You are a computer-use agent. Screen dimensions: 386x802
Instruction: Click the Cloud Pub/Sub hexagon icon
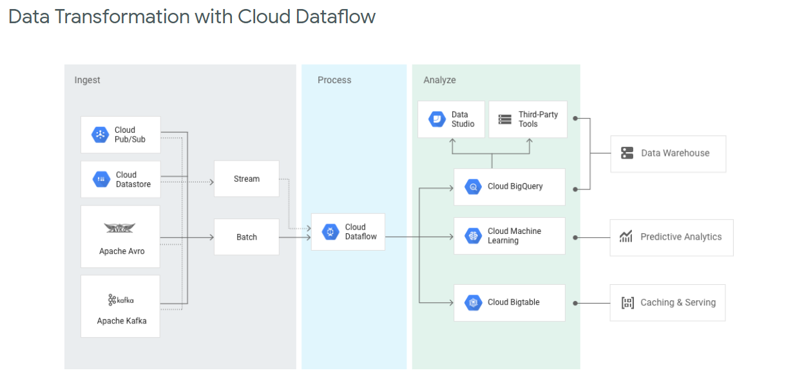(100, 135)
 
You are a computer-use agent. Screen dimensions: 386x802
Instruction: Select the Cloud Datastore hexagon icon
(102, 179)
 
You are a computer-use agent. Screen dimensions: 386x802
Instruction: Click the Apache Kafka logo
(120, 300)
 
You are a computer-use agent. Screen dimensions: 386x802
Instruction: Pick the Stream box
(247, 179)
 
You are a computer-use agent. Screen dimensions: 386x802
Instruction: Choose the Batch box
(247, 237)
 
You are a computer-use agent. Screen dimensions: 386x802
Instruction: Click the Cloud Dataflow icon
(330, 232)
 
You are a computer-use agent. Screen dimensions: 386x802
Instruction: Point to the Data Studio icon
(437, 119)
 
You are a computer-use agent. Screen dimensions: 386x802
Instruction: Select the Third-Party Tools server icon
(505, 119)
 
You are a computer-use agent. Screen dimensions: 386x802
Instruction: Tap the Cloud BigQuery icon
(473, 187)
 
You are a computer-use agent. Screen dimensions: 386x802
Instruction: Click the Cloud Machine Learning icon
(473, 236)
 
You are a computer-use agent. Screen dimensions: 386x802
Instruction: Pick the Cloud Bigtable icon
(473, 302)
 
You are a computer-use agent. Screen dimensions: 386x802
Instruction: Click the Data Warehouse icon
(627, 153)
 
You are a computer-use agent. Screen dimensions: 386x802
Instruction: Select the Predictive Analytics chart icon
(625, 236)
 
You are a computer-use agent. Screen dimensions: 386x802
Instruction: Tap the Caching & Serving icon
(627, 303)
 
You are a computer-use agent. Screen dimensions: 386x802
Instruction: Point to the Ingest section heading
(87, 80)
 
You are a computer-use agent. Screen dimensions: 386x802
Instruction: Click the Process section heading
(334, 80)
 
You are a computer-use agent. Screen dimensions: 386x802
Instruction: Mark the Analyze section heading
(439, 80)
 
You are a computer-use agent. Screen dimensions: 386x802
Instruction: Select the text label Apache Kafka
(121, 321)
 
